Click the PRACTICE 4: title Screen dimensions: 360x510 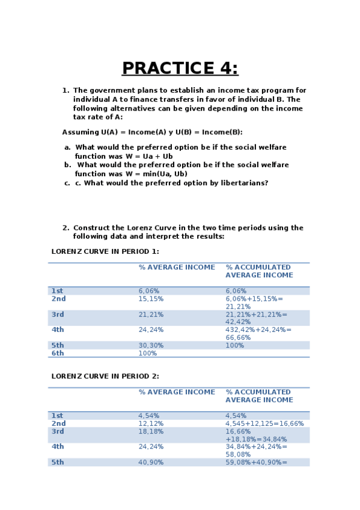pyautogui.click(x=180, y=69)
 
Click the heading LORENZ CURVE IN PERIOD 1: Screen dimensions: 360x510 pyautogui.click(x=105, y=251)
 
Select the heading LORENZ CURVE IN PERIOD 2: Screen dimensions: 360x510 pyautogui.click(x=105, y=376)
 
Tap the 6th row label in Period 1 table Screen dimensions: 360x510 pyautogui.click(x=57, y=354)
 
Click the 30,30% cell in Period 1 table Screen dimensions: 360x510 pyautogui.click(x=151, y=346)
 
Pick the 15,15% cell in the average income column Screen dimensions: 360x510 pyautogui.click(x=151, y=299)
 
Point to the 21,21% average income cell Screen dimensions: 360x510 pyautogui.click(x=151, y=315)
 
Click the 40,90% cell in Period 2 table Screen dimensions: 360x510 pyautogui.click(x=151, y=462)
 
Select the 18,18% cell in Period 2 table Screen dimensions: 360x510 pyautogui.click(x=151, y=431)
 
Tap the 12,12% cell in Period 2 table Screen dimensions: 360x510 pyautogui.click(x=151, y=423)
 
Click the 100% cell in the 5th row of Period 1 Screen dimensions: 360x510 pyautogui.click(x=235, y=346)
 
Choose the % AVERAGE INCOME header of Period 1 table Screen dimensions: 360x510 pyautogui.click(x=177, y=267)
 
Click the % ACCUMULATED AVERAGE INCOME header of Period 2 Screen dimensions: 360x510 pyautogui.click(x=259, y=396)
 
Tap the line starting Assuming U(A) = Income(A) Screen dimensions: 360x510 pyautogui.click(x=152, y=132)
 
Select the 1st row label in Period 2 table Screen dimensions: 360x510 pyautogui.click(x=57, y=416)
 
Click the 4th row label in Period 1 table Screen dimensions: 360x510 pyautogui.click(x=58, y=330)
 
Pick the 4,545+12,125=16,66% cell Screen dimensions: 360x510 pyautogui.click(x=264, y=423)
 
